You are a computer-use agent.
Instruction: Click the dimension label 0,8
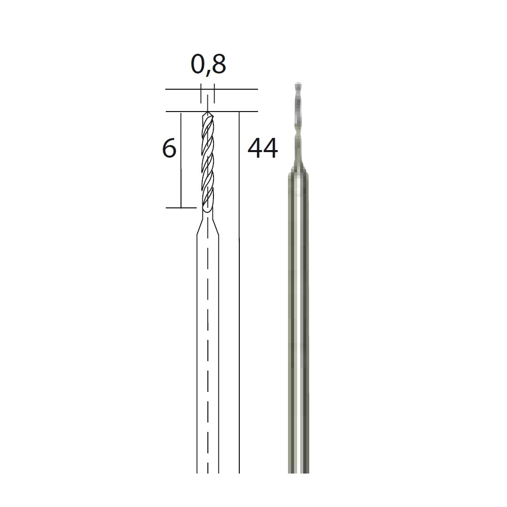(208, 64)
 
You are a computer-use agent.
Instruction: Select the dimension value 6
(169, 148)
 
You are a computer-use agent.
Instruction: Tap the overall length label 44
(263, 148)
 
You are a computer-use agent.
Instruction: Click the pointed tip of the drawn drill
(207, 112)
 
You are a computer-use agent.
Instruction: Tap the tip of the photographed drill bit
(299, 84)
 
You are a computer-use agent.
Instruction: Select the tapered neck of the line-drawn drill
(207, 226)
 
